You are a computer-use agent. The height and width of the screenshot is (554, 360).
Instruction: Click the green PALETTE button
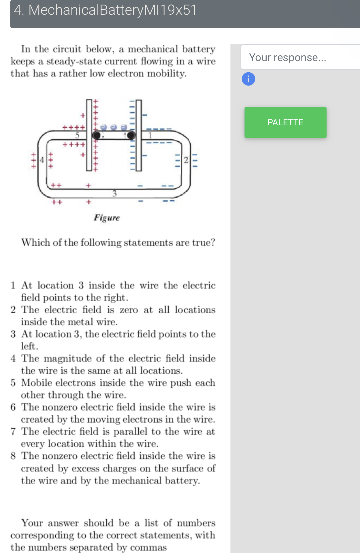pos(285,122)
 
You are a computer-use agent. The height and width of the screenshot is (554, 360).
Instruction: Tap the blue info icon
pos(248,79)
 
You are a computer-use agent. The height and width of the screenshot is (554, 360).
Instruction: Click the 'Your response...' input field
pos(300,57)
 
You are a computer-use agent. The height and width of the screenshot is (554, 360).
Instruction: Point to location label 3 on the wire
pos(115,193)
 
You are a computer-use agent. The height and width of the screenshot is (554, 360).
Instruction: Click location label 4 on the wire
pos(42,160)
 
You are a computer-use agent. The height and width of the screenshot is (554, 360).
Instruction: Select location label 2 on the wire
pos(186,160)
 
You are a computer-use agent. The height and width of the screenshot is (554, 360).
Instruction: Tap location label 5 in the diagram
pos(77,135)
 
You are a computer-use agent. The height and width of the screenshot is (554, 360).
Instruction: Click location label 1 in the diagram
pos(150,135)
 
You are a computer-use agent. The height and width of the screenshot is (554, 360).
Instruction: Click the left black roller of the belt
pos(96,135)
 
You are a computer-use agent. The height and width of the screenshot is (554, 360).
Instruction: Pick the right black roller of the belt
pos(131,135)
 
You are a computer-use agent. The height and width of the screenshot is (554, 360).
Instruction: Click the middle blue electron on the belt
pos(114,127)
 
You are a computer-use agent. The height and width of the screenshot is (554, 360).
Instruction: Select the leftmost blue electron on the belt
pos(104,127)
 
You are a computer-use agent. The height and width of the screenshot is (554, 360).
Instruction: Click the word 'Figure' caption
pos(107,218)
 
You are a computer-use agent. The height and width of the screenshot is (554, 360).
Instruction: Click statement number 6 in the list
pos(13,407)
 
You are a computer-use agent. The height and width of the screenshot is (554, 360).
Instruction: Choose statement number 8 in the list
pos(13,456)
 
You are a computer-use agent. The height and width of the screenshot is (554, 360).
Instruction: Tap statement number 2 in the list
pos(13,310)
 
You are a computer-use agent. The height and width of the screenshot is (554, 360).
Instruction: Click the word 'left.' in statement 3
pos(29,346)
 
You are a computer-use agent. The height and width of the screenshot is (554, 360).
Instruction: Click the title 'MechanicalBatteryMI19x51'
pos(112,10)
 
